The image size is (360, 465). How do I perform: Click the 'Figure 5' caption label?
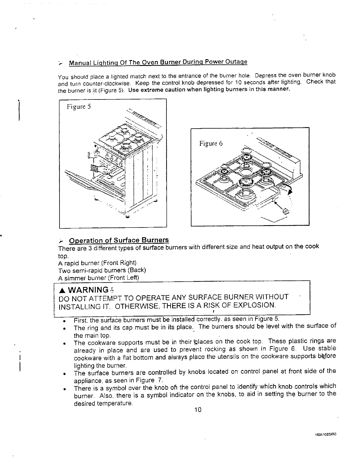pyautogui.click(x=79, y=107)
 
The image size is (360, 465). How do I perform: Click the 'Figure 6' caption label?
pyautogui.click(x=211, y=144)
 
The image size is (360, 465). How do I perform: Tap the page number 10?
pyautogui.click(x=198, y=410)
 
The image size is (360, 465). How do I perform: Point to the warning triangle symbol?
pyautogui.click(x=62, y=290)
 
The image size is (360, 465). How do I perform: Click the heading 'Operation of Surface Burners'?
pyautogui.click(x=119, y=240)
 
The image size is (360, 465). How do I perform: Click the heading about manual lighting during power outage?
pyautogui.click(x=158, y=62)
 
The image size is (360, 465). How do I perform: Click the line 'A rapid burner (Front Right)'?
pyautogui.click(x=98, y=263)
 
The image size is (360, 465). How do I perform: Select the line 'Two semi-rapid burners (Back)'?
pyautogui.click(x=103, y=270)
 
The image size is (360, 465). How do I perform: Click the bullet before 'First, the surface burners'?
pyautogui.click(x=64, y=320)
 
